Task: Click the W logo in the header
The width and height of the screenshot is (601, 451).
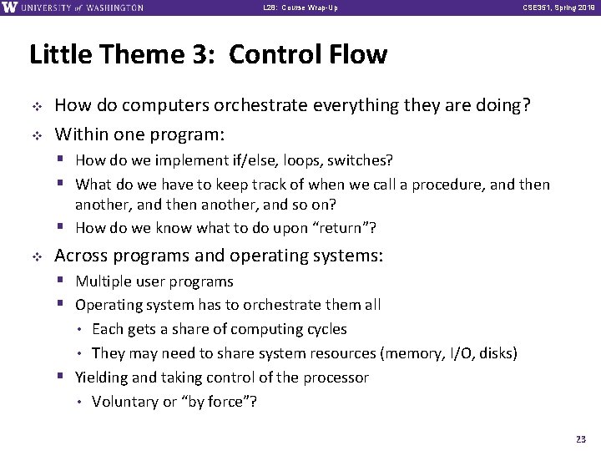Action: [11, 8]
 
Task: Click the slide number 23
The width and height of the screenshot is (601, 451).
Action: [580, 438]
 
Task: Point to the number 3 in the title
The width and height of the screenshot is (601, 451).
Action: [206, 55]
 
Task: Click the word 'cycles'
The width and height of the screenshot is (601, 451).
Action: [326, 329]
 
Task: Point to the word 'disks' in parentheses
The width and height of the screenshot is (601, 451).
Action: [495, 353]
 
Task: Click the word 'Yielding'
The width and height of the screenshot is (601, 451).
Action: [103, 378]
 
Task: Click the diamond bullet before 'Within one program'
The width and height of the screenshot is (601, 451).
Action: [35, 134]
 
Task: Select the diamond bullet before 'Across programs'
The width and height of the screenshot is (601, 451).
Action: [35, 256]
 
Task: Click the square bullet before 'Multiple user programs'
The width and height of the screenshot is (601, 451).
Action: [63, 281]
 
